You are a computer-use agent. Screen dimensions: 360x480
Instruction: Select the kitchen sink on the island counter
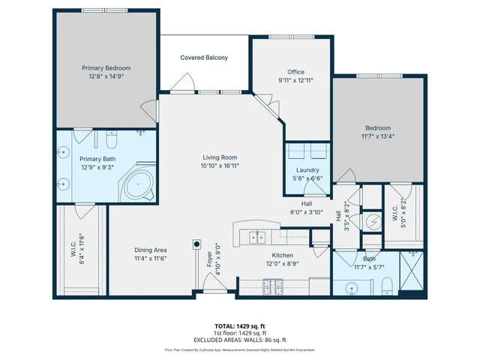coord(258,238)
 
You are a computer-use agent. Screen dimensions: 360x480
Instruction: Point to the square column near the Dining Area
coord(197,244)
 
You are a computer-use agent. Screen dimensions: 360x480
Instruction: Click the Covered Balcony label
coord(204,58)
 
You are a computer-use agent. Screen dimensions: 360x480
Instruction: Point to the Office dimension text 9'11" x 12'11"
coord(290,80)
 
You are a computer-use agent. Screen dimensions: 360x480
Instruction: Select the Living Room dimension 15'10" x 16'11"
coord(220,166)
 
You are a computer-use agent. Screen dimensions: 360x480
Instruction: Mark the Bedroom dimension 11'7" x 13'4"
coord(379,136)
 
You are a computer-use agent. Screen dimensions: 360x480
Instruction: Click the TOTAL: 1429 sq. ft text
coord(240,327)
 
